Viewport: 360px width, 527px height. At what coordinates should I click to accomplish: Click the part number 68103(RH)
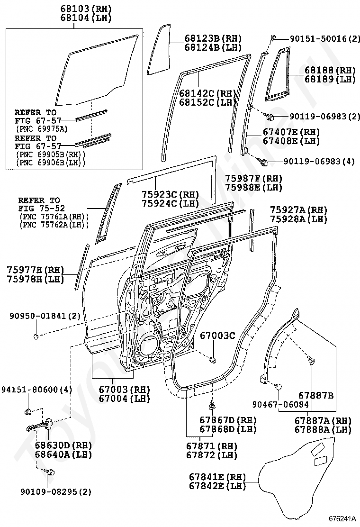(86, 9)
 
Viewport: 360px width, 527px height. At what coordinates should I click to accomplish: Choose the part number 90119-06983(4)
(319, 162)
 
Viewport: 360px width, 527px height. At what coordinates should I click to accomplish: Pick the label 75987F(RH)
(253, 179)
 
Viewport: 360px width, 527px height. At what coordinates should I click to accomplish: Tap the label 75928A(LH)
(298, 219)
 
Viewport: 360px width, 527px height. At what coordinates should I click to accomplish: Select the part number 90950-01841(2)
(45, 316)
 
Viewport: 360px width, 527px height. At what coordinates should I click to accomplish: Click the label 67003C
(217, 336)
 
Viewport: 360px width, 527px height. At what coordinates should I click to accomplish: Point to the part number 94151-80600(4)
(36, 390)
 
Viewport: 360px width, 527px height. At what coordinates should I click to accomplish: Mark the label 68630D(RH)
(63, 445)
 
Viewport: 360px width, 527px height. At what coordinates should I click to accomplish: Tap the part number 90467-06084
(280, 404)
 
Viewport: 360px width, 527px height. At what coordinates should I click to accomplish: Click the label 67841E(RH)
(217, 476)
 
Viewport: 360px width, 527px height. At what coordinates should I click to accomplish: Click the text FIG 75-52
(42, 208)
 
